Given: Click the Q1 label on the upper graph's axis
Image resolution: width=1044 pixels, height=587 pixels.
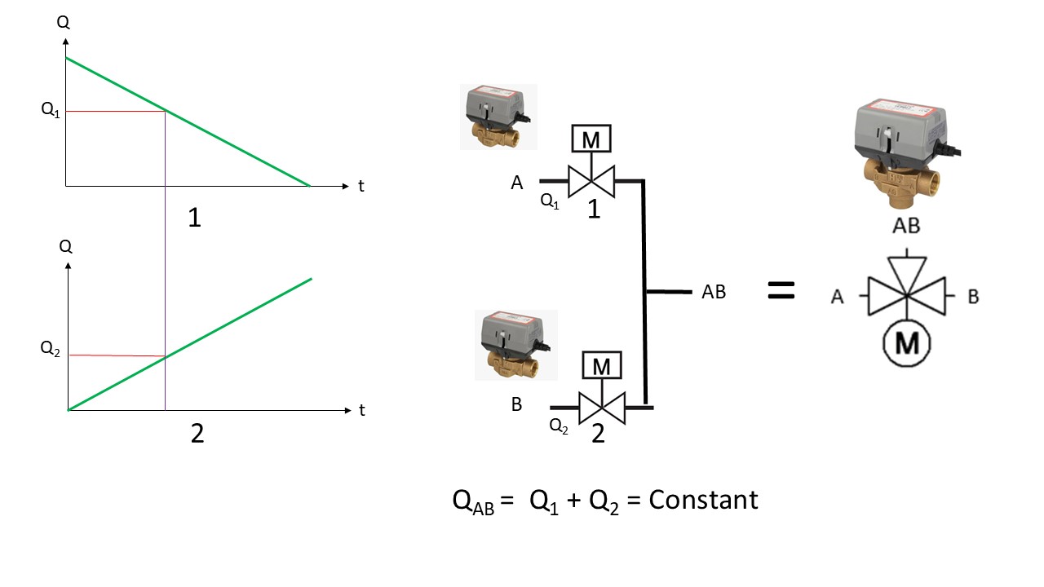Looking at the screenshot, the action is point(51,110).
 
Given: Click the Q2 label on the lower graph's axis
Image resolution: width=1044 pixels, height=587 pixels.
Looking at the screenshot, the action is point(50,348).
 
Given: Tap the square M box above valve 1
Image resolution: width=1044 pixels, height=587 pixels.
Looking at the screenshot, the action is point(591,139).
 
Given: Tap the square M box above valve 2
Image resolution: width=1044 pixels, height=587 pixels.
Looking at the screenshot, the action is point(602,365).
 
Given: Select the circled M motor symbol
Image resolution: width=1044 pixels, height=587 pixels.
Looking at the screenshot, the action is point(906,344).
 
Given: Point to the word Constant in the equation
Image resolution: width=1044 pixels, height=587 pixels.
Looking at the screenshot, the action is point(703,500).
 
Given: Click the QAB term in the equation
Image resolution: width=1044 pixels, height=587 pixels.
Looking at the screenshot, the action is point(473,502).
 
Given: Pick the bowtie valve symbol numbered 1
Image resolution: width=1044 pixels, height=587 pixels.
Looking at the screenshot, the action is point(591,181).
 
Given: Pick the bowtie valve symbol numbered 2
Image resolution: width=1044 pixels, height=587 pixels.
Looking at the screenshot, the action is point(602,408).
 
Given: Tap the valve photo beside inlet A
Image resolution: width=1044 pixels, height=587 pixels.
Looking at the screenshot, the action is point(498,117).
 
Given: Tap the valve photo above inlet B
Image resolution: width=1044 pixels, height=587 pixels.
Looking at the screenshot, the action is point(516,345).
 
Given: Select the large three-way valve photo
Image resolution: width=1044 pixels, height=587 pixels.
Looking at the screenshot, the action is point(906,152).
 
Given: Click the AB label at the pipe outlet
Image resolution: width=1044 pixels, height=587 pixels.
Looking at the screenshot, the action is point(714,292).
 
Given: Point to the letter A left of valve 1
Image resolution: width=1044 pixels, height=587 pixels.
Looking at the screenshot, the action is point(517,183).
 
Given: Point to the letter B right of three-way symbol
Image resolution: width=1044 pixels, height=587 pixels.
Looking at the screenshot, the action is point(973,297).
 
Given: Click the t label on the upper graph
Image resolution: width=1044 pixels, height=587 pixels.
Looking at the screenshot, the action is point(361,187).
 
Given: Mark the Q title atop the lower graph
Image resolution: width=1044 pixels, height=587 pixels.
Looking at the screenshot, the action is point(66,246).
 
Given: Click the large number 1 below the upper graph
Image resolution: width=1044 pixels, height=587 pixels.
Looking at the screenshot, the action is point(195,218).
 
